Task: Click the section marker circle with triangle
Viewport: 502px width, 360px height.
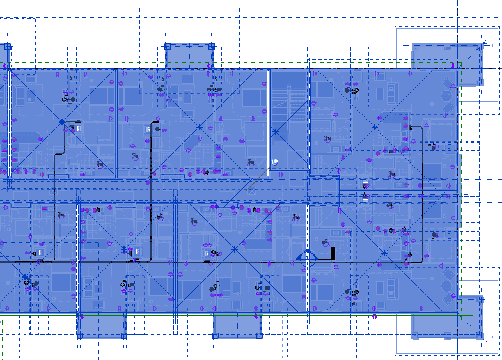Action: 306,258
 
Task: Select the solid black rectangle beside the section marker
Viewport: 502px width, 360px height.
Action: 333,253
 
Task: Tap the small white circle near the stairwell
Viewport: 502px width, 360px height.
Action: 275,161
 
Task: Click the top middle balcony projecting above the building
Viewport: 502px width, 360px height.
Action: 189,56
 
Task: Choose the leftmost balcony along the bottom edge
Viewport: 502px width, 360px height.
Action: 100,325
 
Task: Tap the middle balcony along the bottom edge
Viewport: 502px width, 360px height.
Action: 237,325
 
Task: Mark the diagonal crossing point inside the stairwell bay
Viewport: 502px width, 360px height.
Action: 276,132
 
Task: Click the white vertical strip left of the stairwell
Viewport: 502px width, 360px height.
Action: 267,121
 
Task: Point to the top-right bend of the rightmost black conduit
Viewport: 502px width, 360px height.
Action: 420,128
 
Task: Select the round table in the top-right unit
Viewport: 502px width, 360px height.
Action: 446,96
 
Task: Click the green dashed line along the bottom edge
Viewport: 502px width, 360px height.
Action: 192,318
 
